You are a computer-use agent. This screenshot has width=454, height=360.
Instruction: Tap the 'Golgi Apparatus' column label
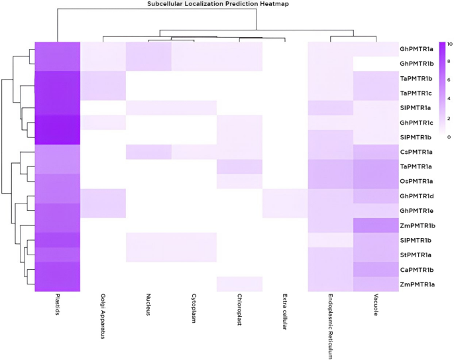coord(103,320)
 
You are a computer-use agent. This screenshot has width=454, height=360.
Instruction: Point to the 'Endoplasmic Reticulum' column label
coord(329,326)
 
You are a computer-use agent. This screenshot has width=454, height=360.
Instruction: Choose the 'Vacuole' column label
coord(375,308)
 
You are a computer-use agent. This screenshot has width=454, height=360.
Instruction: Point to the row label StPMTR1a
coord(416,255)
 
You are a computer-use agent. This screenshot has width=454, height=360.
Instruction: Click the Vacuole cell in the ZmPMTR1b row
coord(375,225)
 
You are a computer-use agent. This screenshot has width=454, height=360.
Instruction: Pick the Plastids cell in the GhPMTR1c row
coord(58,123)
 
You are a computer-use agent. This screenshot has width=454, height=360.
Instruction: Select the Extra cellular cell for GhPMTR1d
coord(284,196)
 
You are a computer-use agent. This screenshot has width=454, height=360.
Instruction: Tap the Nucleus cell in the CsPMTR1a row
coord(148,152)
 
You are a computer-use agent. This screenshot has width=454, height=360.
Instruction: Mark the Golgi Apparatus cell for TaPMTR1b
coord(103,78)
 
